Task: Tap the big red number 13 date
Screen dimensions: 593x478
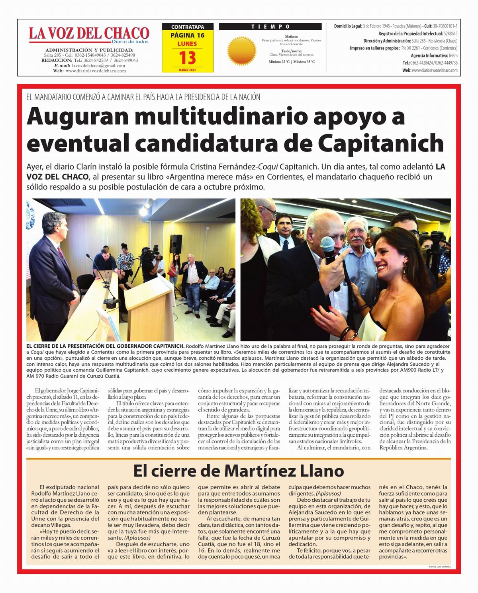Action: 187,58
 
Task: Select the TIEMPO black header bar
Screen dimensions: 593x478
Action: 270,27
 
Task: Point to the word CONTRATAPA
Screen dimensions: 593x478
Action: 187,27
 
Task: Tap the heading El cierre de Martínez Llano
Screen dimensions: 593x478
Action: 238,471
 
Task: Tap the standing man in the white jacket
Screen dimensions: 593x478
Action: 194,279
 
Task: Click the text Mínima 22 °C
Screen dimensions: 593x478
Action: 279,62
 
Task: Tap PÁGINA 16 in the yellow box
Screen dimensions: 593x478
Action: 187,35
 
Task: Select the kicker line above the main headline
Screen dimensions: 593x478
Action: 143,97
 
